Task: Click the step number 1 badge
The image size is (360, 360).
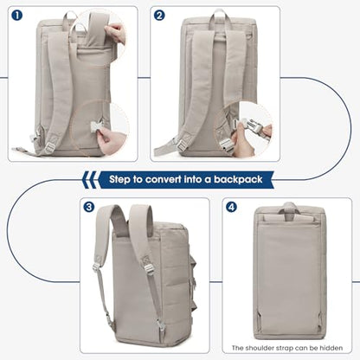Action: point(17,16)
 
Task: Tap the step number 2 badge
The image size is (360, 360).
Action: point(159,16)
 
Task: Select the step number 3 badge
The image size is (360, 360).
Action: point(89,207)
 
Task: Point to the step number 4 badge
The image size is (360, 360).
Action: point(231,207)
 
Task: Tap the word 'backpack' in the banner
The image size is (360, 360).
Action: point(238,179)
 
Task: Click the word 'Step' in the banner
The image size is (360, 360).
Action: point(119,180)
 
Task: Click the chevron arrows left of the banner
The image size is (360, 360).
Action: point(89,179)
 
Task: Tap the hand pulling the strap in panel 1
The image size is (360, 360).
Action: point(116,32)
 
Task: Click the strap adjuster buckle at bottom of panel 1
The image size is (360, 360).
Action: point(50,148)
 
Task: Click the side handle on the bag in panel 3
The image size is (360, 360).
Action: point(193,275)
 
